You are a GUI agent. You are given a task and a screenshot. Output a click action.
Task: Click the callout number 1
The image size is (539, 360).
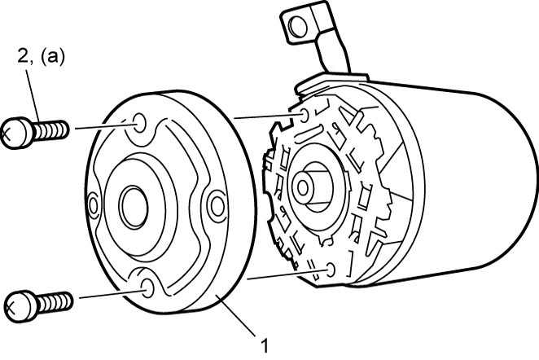point(264,345)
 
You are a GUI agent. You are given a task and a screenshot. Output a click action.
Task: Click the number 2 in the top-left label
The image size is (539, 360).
point(23,56)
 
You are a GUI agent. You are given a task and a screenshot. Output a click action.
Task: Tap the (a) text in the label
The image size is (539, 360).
point(53,57)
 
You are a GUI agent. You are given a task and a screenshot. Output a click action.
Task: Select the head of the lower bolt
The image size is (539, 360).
point(20,306)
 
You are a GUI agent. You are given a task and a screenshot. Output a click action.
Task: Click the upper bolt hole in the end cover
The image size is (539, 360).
point(139,123)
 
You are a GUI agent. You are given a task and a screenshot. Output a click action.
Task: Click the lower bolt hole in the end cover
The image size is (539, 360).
point(149,288)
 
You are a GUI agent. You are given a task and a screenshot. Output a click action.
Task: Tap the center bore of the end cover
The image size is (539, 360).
point(134,208)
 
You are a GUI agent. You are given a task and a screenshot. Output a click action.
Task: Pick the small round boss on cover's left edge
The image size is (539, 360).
point(93,205)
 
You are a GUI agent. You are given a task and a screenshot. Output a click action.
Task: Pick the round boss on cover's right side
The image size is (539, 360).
point(217,205)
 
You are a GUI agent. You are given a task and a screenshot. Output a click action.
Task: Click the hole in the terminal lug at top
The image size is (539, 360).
point(297,26)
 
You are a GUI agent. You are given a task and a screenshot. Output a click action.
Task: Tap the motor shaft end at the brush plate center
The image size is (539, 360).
point(303,187)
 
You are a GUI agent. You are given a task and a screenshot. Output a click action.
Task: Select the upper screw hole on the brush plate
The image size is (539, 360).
point(305,115)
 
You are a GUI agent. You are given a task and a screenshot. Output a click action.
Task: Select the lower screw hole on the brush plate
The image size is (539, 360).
point(331,270)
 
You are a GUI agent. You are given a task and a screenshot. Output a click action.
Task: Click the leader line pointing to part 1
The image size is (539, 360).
point(239,315)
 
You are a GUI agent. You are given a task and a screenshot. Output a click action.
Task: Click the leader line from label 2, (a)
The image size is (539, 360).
point(33,95)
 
